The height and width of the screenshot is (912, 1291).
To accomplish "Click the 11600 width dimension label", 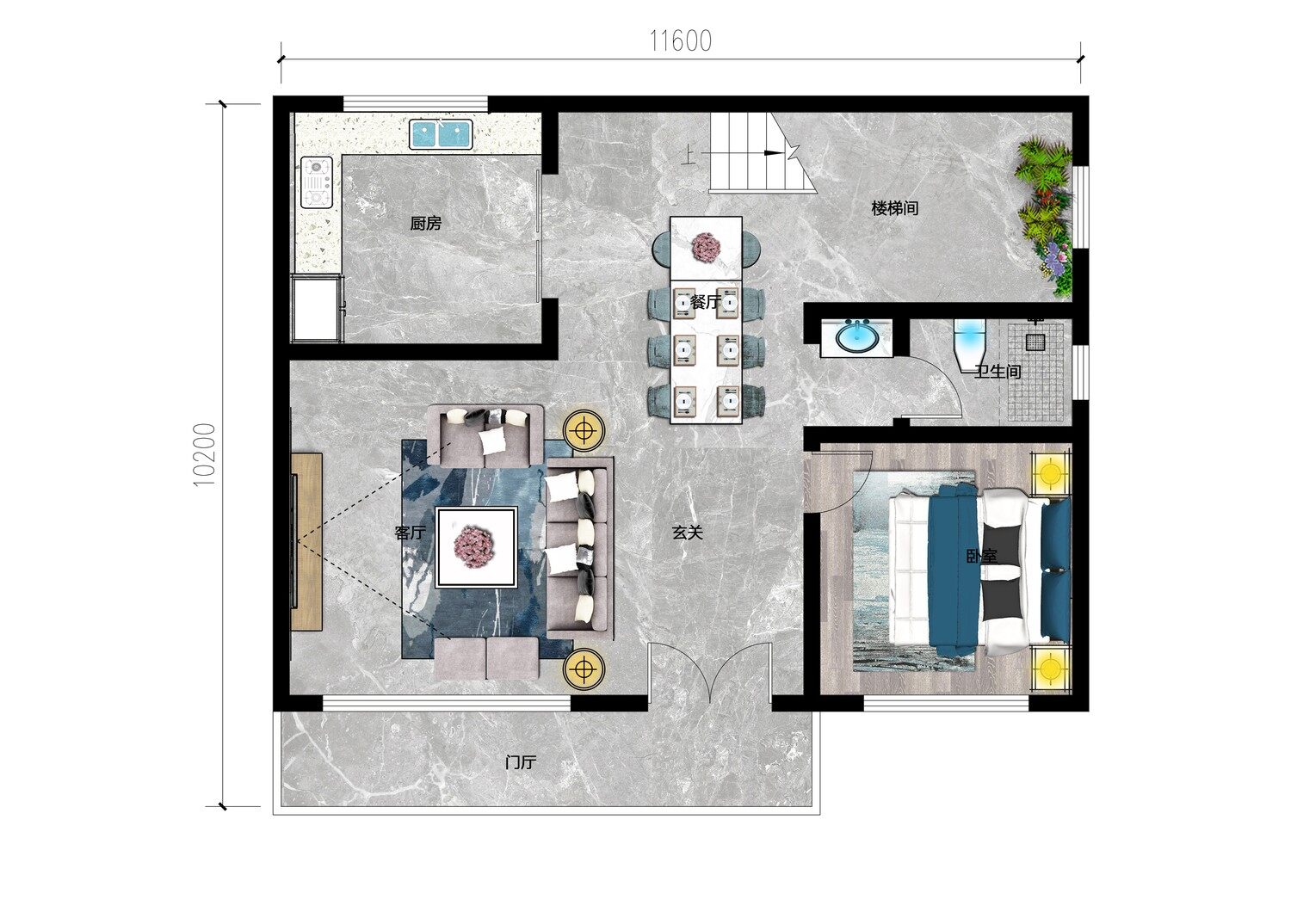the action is point(681,41).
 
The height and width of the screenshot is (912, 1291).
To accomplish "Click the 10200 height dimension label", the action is point(204,454).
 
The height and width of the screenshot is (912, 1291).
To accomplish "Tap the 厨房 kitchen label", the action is point(426,223).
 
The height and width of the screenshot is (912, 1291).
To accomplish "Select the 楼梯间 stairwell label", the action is point(894,208).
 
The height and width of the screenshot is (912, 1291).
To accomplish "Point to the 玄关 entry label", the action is point(688,533).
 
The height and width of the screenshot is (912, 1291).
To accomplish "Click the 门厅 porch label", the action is point(521,762).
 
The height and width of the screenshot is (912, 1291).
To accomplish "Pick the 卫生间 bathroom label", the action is point(998,372).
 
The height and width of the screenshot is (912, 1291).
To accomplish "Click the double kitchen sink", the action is point(441,134).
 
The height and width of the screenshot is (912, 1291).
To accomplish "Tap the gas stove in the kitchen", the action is point(317,182).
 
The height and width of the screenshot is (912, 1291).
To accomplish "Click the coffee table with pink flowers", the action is point(476,546).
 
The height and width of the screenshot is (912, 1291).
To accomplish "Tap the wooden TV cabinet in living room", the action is point(306,541).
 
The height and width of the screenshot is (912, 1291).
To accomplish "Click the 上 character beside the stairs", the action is point(689,154).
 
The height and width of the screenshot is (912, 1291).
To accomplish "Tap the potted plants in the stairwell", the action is point(1046,215).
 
